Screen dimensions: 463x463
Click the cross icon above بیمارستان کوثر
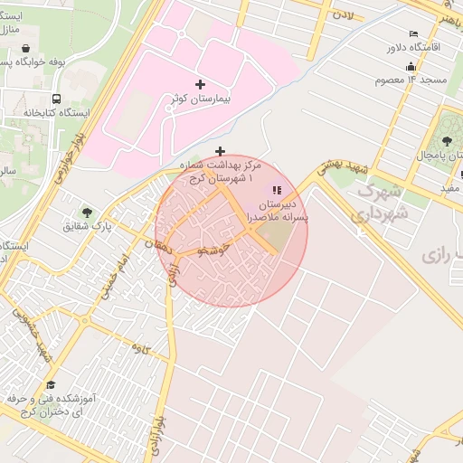click(x=200, y=83)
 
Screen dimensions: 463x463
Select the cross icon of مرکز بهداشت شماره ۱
click(x=220, y=151)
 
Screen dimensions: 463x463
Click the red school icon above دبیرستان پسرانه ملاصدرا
click(x=277, y=190)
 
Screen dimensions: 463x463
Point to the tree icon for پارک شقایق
click(x=87, y=212)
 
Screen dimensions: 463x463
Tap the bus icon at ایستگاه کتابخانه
click(x=57, y=99)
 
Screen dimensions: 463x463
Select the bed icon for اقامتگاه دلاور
click(x=413, y=33)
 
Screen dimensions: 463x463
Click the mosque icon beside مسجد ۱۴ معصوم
click(x=411, y=66)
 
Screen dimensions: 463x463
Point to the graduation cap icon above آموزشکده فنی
click(x=50, y=385)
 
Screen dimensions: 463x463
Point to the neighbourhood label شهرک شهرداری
click(x=381, y=203)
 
